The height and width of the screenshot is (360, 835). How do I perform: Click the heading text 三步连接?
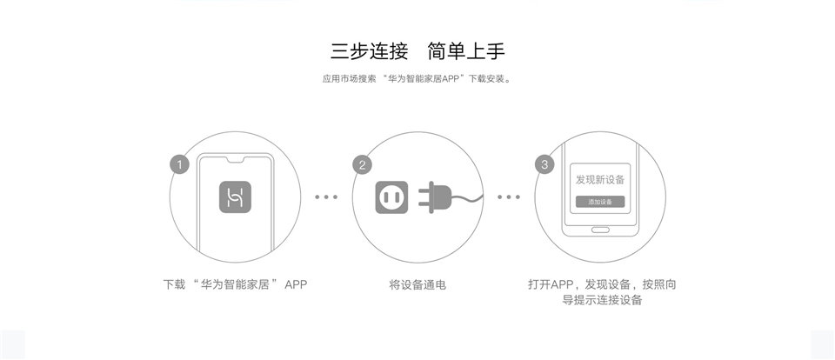(x=370, y=51)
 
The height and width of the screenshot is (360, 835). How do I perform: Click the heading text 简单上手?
(x=466, y=51)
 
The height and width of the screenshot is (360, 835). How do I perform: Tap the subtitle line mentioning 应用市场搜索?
(x=417, y=79)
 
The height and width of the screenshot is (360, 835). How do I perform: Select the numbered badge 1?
(x=179, y=164)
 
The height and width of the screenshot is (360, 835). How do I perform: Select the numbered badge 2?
(x=362, y=164)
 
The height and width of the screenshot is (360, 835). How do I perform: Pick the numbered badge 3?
(x=544, y=164)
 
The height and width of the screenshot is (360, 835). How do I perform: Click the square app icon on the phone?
(x=235, y=197)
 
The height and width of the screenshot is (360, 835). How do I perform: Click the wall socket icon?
(x=391, y=197)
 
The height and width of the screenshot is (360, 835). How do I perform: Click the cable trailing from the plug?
(x=468, y=199)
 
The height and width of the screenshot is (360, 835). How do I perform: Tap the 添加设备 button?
(x=599, y=202)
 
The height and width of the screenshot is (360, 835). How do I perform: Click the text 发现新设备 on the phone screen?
(x=599, y=179)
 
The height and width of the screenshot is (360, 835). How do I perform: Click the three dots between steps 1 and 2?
(x=326, y=197)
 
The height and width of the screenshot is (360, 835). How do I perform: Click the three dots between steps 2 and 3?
(x=509, y=197)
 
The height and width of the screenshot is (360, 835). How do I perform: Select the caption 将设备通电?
(x=417, y=285)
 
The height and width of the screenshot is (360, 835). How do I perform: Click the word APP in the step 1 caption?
(x=296, y=284)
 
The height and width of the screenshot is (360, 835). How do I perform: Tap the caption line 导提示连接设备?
(x=602, y=300)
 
